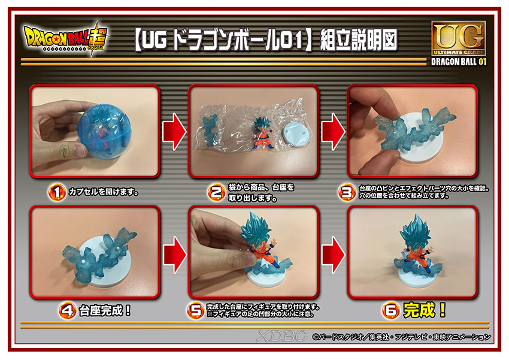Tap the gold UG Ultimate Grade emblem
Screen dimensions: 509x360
pyautogui.click(x=459, y=38)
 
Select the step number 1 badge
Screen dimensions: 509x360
pyautogui.click(x=57, y=192)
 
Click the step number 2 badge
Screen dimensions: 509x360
pyautogui.click(x=217, y=192)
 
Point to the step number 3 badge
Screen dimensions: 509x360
pyautogui.click(x=347, y=192)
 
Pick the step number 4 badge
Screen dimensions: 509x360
pyautogui.click(x=68, y=311)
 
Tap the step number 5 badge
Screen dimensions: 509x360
pyautogui.click(x=195, y=311)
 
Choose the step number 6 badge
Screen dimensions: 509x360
pyautogui.click(x=391, y=311)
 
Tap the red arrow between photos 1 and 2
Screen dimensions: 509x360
pyautogui.click(x=174, y=131)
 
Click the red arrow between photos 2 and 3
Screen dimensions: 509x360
pyautogui.click(x=333, y=131)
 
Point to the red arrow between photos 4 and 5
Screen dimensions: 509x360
pyautogui.click(x=174, y=255)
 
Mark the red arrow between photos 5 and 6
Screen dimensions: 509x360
pyautogui.click(x=333, y=255)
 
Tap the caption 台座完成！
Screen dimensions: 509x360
pyautogui.click(x=105, y=311)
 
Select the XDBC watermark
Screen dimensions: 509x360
pyautogui.click(x=281, y=336)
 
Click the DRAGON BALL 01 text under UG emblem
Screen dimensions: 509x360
pyautogui.click(x=459, y=62)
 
